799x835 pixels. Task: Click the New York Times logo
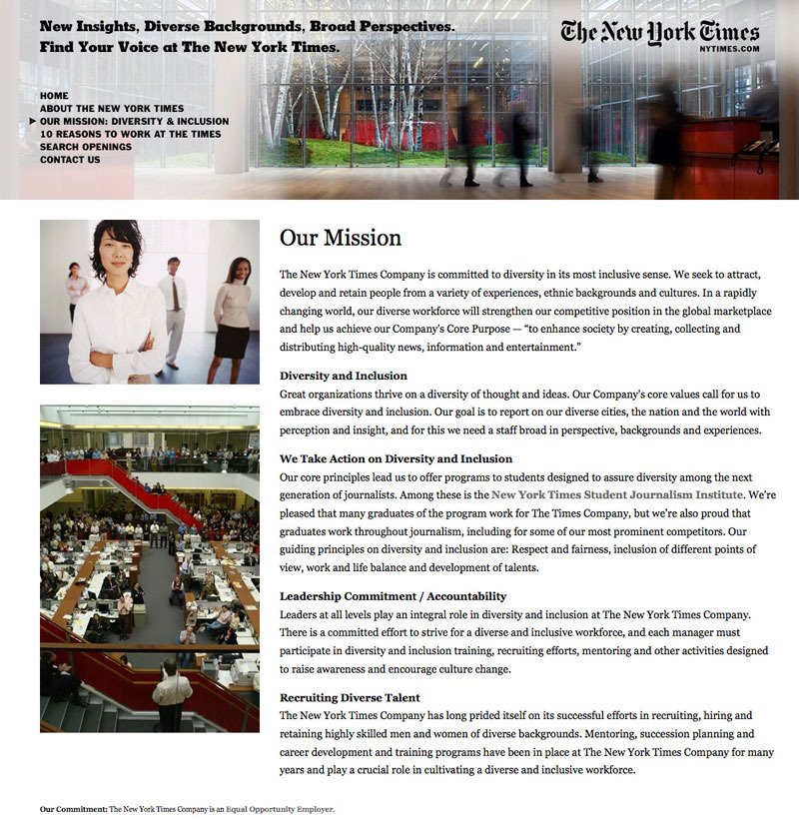(x=660, y=32)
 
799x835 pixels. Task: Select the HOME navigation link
(x=54, y=95)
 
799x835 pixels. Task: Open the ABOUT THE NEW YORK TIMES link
(x=112, y=108)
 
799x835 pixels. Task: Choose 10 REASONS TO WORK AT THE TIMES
(x=130, y=134)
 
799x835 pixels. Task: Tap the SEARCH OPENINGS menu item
(x=86, y=147)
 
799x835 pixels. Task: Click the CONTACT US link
(x=70, y=160)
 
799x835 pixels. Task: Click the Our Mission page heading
(x=340, y=238)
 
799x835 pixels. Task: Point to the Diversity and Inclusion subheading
(x=343, y=376)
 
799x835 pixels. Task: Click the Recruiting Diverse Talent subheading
(x=350, y=697)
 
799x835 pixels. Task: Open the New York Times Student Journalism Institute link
(x=617, y=494)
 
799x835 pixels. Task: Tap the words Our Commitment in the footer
(x=73, y=809)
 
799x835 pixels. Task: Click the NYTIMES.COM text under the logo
(x=730, y=48)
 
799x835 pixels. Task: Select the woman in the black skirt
(x=231, y=315)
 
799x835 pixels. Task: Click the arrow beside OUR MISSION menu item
(x=33, y=121)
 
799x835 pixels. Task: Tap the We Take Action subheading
(x=396, y=458)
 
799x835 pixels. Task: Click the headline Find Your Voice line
(x=190, y=46)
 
